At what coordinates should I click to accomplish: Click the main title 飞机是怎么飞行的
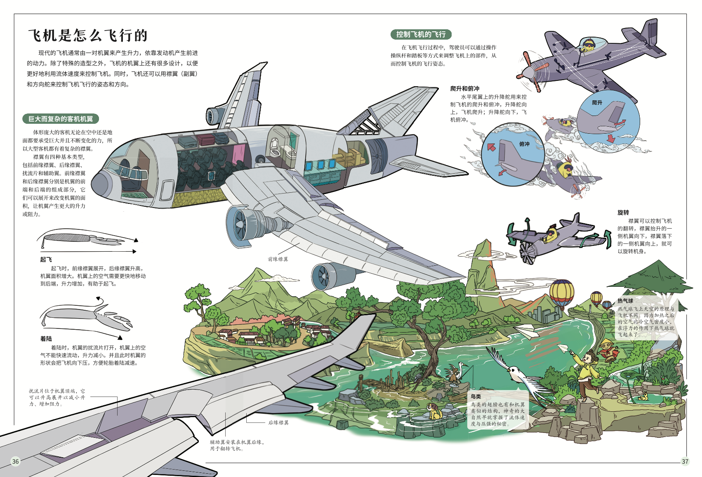(88, 35)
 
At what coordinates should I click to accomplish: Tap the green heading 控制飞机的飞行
(421, 34)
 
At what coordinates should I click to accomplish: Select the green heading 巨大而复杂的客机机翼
(61, 119)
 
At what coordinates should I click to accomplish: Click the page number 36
(15, 461)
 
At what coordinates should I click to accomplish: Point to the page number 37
(685, 461)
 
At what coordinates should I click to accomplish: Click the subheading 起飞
(46, 260)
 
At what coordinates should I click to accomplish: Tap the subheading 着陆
(46, 339)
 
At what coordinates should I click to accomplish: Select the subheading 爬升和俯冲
(465, 88)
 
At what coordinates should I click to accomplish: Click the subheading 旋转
(623, 213)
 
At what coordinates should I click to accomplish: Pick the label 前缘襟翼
(278, 259)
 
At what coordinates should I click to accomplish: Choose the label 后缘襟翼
(278, 423)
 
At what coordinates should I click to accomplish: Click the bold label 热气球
(625, 301)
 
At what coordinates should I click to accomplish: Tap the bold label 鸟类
(476, 397)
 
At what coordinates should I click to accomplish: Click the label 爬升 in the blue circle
(597, 103)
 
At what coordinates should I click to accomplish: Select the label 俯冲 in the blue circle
(524, 144)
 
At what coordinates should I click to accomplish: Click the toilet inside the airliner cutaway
(275, 146)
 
